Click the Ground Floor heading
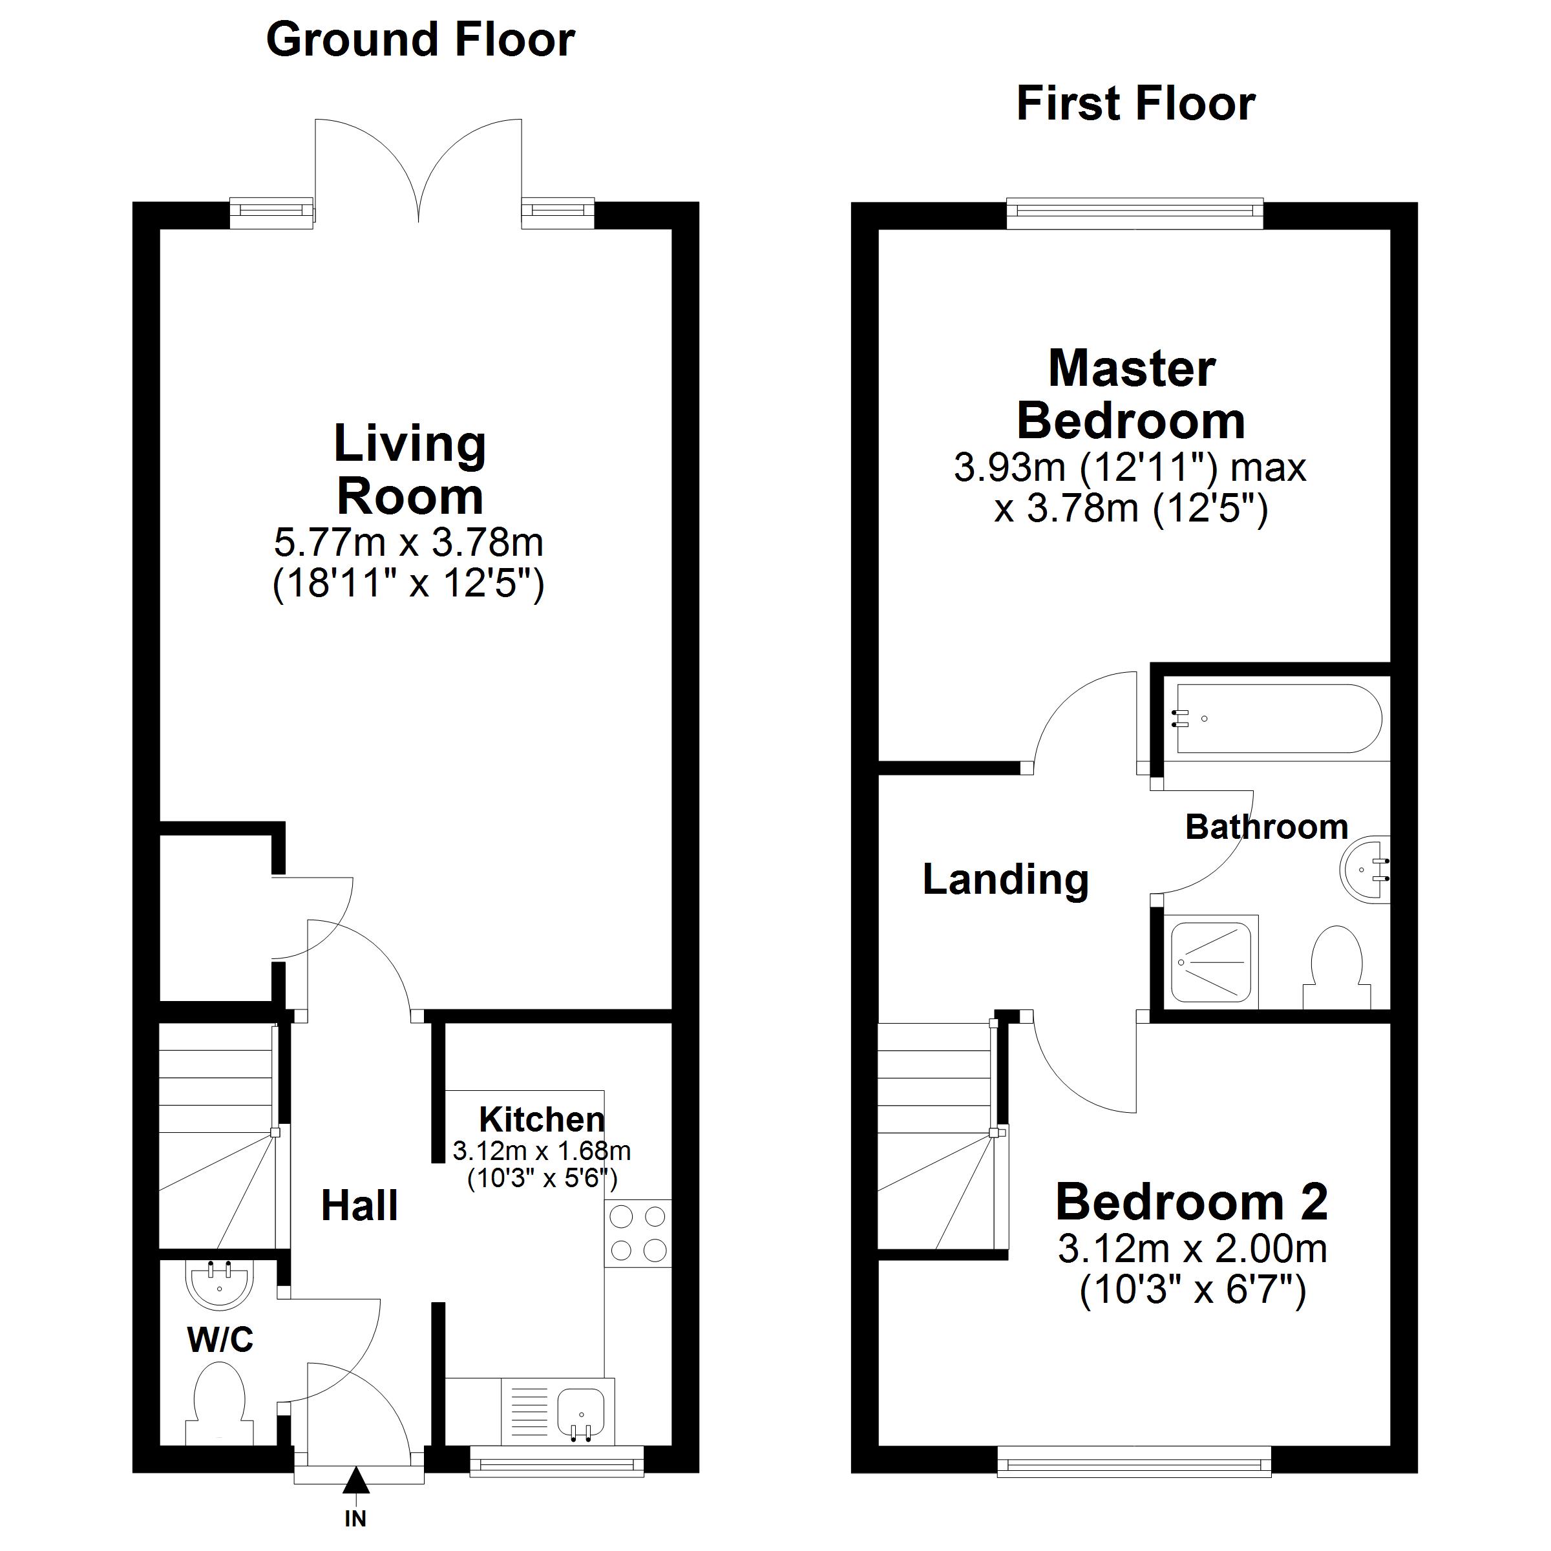click(x=420, y=40)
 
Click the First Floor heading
click(x=1135, y=103)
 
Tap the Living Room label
click(x=410, y=470)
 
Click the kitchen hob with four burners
click(x=638, y=1234)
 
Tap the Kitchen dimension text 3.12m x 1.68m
click(x=542, y=1151)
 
